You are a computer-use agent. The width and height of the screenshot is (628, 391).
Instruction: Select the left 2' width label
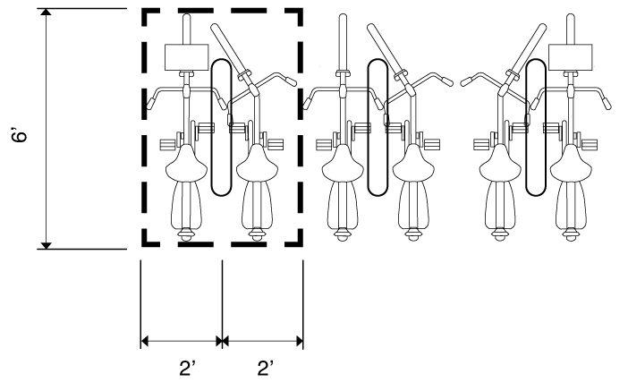click(187, 368)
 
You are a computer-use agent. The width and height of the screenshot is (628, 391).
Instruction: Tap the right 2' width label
click(265, 368)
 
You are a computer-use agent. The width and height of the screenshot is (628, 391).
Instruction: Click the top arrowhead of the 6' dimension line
click(47, 12)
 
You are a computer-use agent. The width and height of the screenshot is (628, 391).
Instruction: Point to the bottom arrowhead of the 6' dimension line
click(47, 245)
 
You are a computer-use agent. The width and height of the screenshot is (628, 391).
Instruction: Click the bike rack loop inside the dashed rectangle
click(221, 127)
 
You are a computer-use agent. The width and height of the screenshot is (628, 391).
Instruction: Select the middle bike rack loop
click(378, 127)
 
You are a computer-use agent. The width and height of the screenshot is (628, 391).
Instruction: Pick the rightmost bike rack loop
click(536, 127)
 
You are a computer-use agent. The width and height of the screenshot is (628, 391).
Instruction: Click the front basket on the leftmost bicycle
click(187, 57)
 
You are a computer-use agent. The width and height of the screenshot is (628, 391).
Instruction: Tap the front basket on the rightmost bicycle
click(571, 57)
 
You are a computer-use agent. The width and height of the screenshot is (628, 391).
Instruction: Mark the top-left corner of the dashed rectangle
click(144, 11)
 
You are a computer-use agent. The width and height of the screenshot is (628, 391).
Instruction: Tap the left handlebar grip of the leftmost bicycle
click(150, 103)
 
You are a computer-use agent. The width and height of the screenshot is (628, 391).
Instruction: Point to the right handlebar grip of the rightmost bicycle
click(607, 103)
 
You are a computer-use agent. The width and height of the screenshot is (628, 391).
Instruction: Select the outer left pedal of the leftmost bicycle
click(167, 145)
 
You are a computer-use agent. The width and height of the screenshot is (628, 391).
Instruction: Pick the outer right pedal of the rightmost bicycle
click(590, 145)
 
